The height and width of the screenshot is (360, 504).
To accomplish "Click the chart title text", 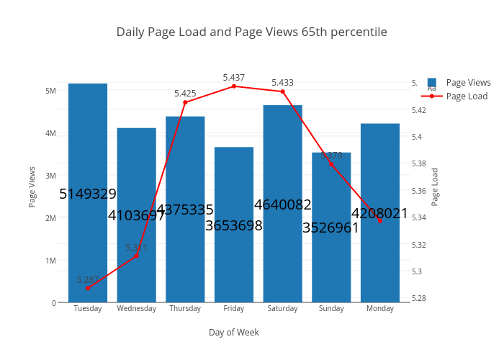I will (x=252, y=32).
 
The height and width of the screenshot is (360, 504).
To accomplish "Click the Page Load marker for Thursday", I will (x=185, y=102).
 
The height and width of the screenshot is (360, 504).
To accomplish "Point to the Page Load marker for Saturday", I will (x=282, y=91).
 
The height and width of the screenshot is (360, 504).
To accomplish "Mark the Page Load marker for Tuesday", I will (x=88, y=288).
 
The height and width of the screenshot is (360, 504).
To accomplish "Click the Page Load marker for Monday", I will (x=380, y=220).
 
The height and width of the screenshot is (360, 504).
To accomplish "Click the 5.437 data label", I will (x=234, y=78).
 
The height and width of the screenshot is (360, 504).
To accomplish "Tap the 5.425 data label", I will (x=185, y=94).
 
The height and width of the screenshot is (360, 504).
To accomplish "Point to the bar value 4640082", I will (x=282, y=204).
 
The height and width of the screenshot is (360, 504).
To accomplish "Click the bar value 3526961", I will (x=331, y=228).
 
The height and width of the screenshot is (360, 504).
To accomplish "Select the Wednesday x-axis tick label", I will (x=136, y=308).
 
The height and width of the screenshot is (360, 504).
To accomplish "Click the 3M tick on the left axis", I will (x=51, y=176).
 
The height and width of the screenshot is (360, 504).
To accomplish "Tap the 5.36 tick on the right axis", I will (x=418, y=191).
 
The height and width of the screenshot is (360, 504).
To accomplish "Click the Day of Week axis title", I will (x=234, y=332).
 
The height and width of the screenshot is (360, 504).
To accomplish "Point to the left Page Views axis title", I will (x=32, y=187).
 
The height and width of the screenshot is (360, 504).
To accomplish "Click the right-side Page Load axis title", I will (x=435, y=187).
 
